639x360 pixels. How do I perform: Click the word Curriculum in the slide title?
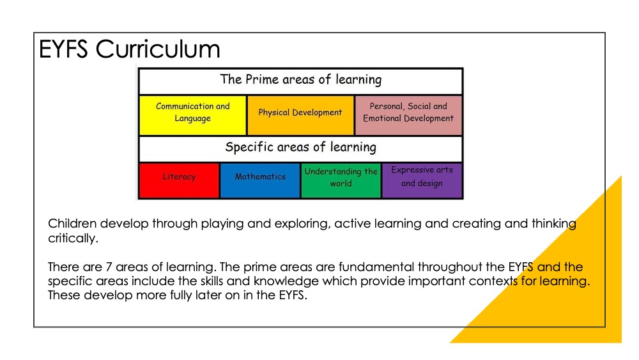tap(158, 49)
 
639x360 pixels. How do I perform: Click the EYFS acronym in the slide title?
tap(63, 49)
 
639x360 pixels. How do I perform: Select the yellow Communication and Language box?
tap(193, 115)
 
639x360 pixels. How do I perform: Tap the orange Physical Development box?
tap(300, 115)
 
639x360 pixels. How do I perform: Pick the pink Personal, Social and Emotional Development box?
tap(408, 115)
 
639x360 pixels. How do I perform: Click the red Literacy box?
tap(179, 180)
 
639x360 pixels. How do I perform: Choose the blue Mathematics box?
tap(260, 180)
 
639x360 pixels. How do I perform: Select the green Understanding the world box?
tap(341, 180)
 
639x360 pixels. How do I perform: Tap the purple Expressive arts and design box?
tap(422, 180)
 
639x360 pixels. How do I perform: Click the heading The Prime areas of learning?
tap(301, 79)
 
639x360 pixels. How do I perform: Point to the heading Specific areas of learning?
tap(301, 147)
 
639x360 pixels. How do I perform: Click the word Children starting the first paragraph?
tap(72, 223)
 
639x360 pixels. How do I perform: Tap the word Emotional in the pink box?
tap(382, 118)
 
